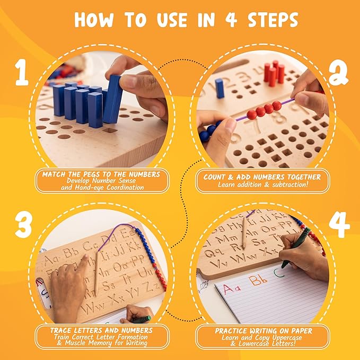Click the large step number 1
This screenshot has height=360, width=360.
click(x=21, y=73)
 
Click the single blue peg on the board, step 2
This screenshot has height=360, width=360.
click(x=219, y=88)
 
